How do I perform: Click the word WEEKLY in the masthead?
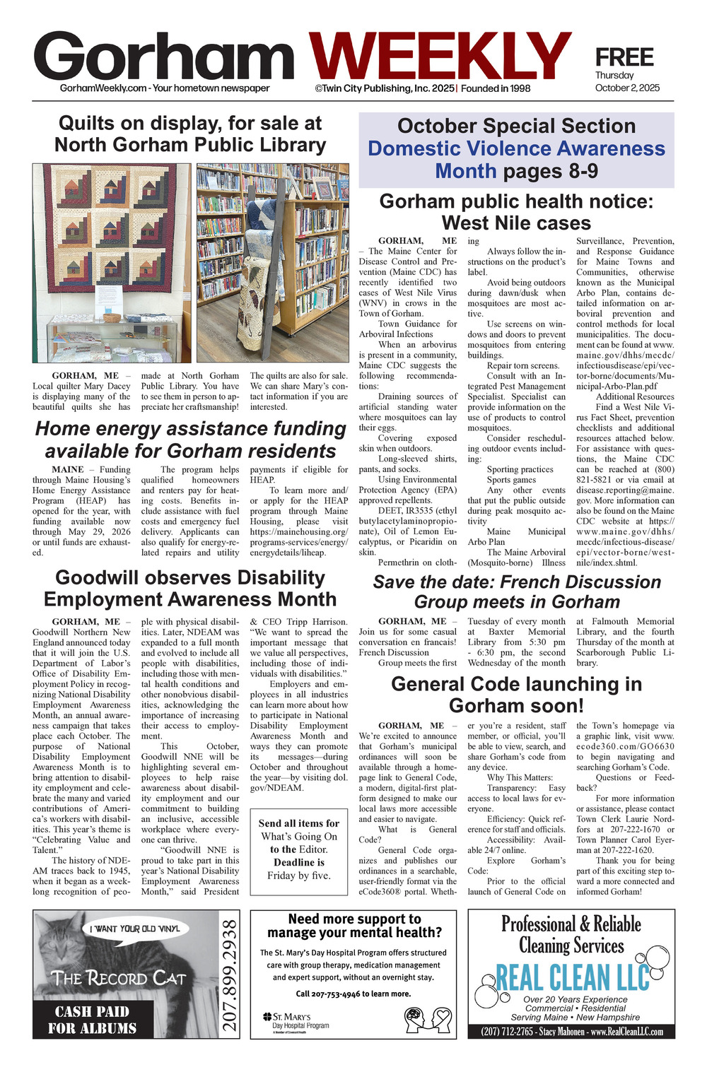coord(440,57)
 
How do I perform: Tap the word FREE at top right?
coord(624,57)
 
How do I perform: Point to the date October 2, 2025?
coord(627,88)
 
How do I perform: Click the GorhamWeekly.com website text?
coord(103,88)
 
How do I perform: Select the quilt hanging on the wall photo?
coord(111,228)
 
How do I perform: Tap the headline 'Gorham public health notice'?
coord(516,212)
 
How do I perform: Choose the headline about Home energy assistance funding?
coord(190,440)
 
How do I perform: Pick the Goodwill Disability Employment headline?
coord(190,588)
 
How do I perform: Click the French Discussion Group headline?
coord(517,591)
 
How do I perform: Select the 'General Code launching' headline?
coord(517,695)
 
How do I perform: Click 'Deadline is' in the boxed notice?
coord(299,862)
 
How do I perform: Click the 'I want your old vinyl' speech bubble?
coord(134,929)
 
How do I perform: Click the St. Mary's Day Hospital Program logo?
coord(296,1021)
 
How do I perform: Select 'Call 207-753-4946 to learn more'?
coord(353,994)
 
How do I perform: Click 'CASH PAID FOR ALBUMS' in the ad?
coord(93,1020)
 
